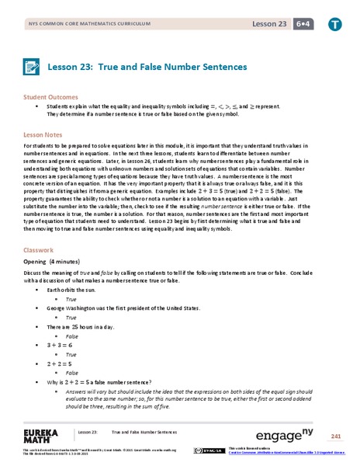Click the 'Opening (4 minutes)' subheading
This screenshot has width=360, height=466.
click(57, 263)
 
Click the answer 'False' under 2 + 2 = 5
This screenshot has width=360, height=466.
click(72, 373)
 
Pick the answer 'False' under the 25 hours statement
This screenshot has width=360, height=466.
click(72, 336)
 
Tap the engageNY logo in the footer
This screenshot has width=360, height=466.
click(274, 433)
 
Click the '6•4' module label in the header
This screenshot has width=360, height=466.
click(299, 24)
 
